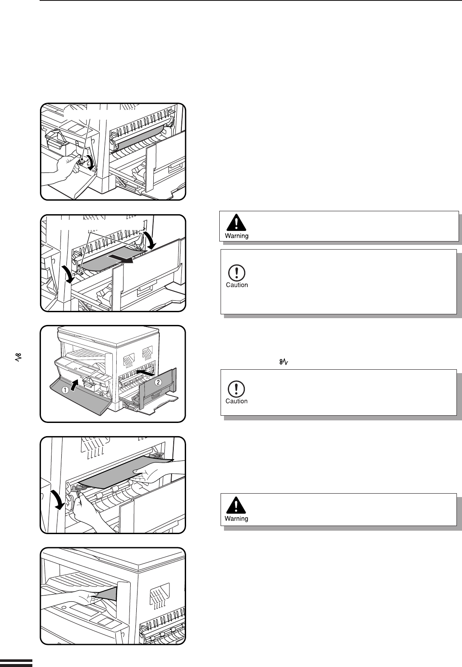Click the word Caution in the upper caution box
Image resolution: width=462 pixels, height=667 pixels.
(237, 285)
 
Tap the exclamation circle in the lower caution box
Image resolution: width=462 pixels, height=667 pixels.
(236, 389)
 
